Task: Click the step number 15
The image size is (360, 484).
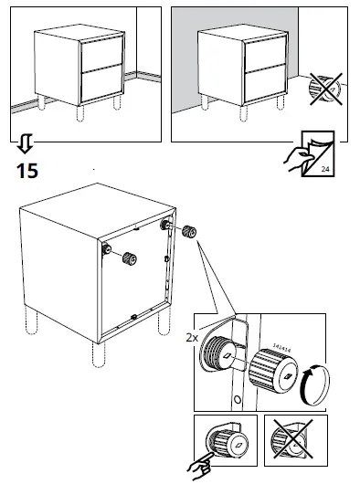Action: [x=26, y=169]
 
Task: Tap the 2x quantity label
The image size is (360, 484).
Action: [x=192, y=337]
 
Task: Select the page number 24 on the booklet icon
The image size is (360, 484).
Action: [x=324, y=168]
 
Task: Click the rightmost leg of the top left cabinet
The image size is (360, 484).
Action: [x=118, y=107]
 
